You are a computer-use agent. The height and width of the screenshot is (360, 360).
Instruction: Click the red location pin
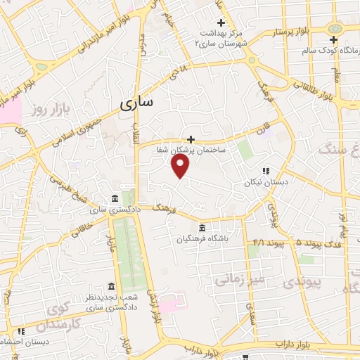181,165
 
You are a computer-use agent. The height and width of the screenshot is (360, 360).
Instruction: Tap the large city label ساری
136,104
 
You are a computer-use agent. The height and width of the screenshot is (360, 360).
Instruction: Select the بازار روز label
46,109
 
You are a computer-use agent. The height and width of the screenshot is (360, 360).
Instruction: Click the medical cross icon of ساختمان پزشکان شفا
190,139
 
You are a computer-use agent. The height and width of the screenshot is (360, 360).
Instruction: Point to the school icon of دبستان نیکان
266,171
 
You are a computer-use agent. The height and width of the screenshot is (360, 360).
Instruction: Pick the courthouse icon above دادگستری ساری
115,199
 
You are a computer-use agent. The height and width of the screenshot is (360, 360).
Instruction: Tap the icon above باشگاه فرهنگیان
202,227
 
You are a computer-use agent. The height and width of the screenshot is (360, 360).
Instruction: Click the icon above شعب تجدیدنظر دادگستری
111,286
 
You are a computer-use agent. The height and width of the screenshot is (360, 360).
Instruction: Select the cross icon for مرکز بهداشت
221,22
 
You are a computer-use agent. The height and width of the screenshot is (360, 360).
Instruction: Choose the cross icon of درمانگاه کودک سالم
334,39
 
